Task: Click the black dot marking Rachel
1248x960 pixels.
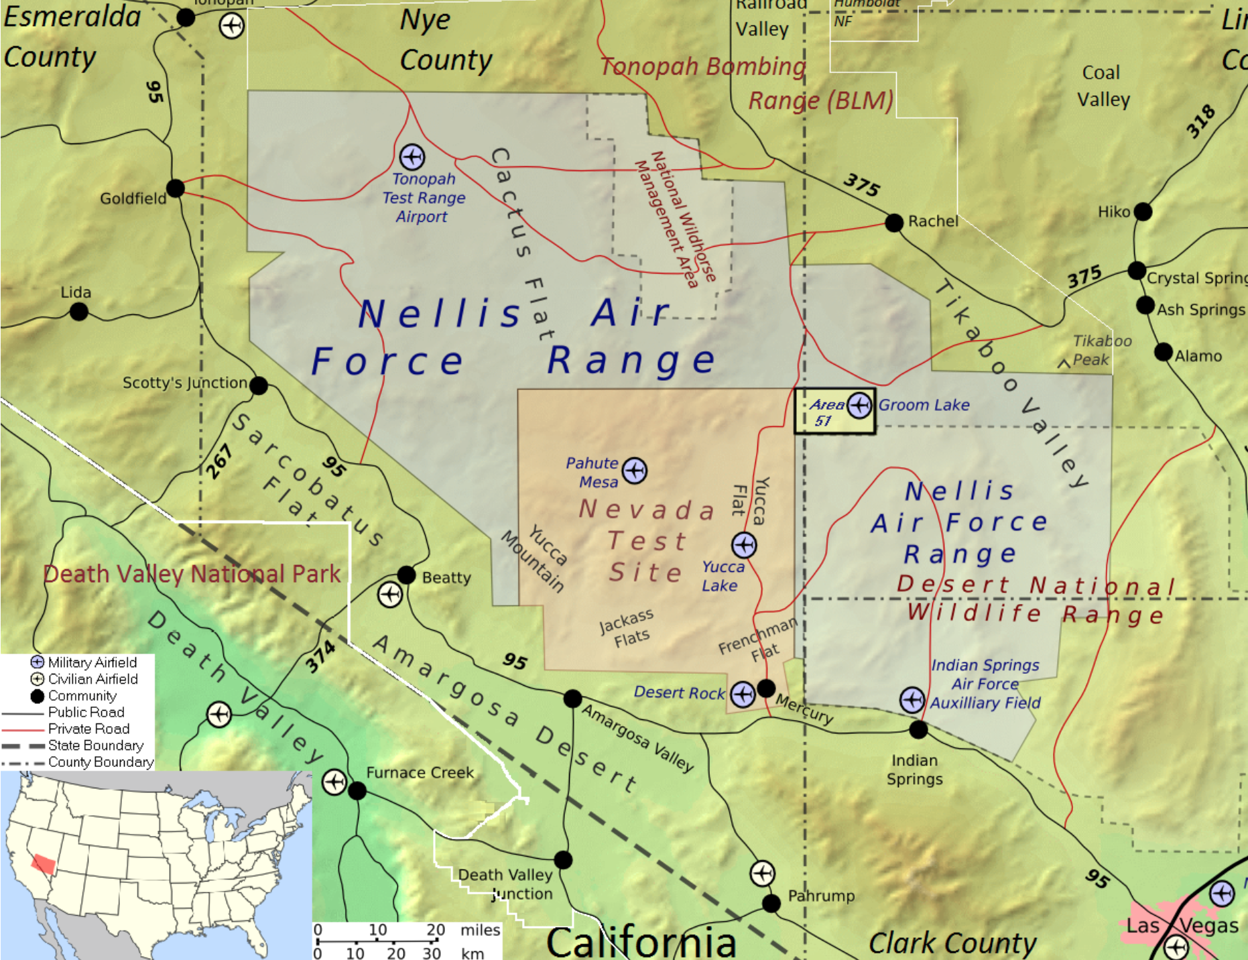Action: pyautogui.click(x=894, y=223)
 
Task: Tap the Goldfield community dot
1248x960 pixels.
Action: pyautogui.click(x=176, y=188)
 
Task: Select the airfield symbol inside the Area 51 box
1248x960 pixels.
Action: pyautogui.click(x=859, y=405)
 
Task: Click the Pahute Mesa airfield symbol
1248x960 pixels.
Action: pyautogui.click(x=634, y=471)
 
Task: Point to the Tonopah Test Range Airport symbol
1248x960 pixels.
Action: pyautogui.click(x=412, y=157)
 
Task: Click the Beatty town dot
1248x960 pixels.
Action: pyautogui.click(x=406, y=575)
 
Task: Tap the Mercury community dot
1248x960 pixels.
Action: pyautogui.click(x=766, y=688)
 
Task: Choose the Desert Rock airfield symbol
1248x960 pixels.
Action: pyautogui.click(x=743, y=695)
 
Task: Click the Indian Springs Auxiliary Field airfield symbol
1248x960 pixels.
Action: pyautogui.click(x=912, y=700)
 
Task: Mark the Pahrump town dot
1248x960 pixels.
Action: pyautogui.click(x=771, y=903)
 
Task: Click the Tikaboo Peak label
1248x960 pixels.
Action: pyautogui.click(x=1101, y=350)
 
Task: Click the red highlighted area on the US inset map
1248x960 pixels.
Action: pyautogui.click(x=44, y=864)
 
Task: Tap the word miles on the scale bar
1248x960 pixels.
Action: pyautogui.click(x=480, y=930)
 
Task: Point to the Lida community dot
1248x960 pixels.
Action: pyautogui.click(x=79, y=311)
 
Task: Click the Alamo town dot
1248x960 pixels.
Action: pyautogui.click(x=1164, y=352)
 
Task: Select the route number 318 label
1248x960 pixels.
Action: pyautogui.click(x=1200, y=121)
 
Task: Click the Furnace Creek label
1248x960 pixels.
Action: pyautogui.click(x=420, y=773)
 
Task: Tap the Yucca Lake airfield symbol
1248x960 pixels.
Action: pyautogui.click(x=744, y=545)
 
